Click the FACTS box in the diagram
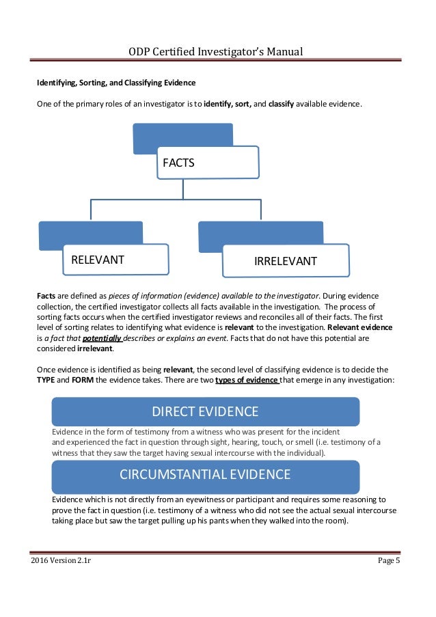tap(208, 163)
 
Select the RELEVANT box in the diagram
tap(116, 260)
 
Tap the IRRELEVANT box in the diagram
tap(286, 261)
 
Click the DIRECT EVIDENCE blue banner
tap(205, 411)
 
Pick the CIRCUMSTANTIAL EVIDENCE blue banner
tap(205, 474)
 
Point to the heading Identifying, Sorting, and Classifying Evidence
tap(115, 83)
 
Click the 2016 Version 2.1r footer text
tap(61, 561)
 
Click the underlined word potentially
tap(102, 338)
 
